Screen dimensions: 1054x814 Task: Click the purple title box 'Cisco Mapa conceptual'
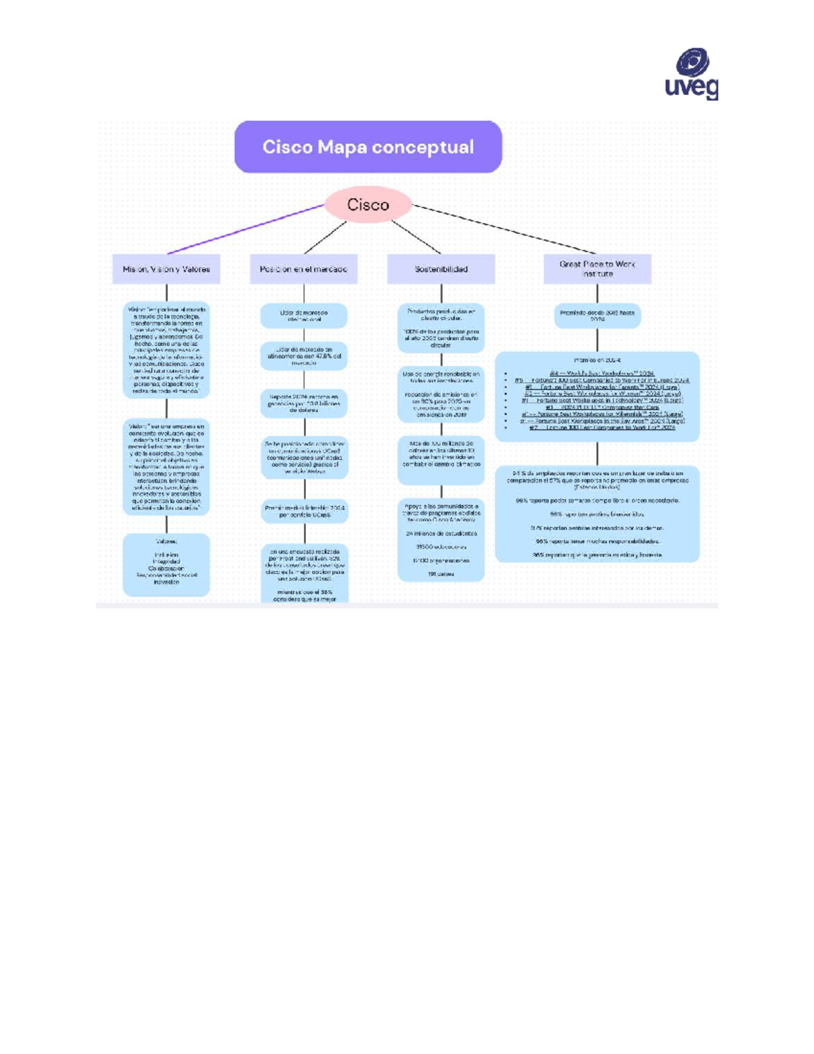pyautogui.click(x=368, y=147)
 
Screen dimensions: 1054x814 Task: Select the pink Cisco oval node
pyautogui.click(x=368, y=204)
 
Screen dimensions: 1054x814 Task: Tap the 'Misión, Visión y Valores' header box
pyautogui.click(x=166, y=269)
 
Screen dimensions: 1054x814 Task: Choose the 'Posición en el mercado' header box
pyautogui.click(x=303, y=269)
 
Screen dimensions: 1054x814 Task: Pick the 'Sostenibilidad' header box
pyautogui.click(x=441, y=269)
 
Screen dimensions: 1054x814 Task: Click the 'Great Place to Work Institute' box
pyautogui.click(x=597, y=269)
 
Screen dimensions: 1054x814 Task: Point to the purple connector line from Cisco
pyautogui.click(x=244, y=229)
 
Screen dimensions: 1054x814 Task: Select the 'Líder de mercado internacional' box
pyautogui.click(x=303, y=316)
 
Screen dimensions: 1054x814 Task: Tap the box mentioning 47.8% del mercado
pyautogui.click(x=303, y=356)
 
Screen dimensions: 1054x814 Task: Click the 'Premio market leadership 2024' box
pyautogui.click(x=305, y=511)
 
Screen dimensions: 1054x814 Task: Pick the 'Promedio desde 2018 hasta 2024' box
pyautogui.click(x=597, y=316)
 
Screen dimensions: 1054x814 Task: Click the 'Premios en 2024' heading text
pyautogui.click(x=597, y=360)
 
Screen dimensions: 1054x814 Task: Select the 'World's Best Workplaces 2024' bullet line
pyautogui.click(x=601, y=373)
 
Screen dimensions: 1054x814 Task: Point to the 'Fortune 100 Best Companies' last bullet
pyautogui.click(x=602, y=428)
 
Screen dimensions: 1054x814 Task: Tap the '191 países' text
pyautogui.click(x=441, y=574)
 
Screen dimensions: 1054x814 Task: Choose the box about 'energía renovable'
pyautogui.click(x=441, y=394)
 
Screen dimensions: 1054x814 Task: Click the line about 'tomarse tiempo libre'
pyautogui.click(x=597, y=500)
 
